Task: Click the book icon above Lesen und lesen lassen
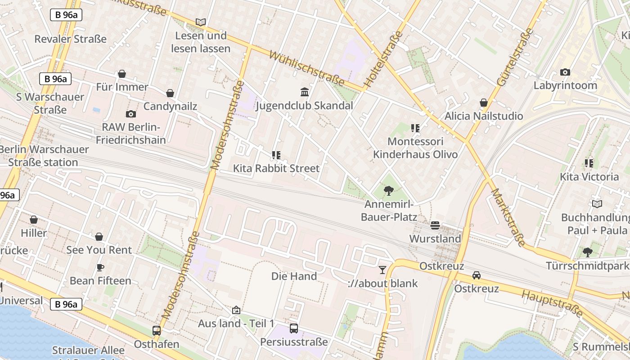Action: (201, 22)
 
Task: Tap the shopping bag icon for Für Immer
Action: (122, 74)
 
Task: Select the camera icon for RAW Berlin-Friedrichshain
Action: (131, 114)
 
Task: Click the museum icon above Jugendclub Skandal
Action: (304, 92)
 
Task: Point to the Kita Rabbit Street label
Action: (276, 168)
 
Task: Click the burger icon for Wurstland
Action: (435, 225)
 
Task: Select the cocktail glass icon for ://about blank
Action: (382, 270)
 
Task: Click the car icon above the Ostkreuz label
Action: (477, 275)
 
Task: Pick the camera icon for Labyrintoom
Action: (565, 72)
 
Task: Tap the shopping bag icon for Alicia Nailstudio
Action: (484, 103)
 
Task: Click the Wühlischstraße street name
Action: (307, 68)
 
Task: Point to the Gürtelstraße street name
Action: (515, 57)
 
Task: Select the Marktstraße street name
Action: (508, 217)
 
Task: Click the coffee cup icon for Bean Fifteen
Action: (100, 267)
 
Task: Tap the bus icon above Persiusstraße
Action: (294, 328)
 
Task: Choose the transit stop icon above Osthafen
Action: (157, 331)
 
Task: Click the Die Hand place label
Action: (294, 276)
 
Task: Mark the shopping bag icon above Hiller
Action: (34, 220)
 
